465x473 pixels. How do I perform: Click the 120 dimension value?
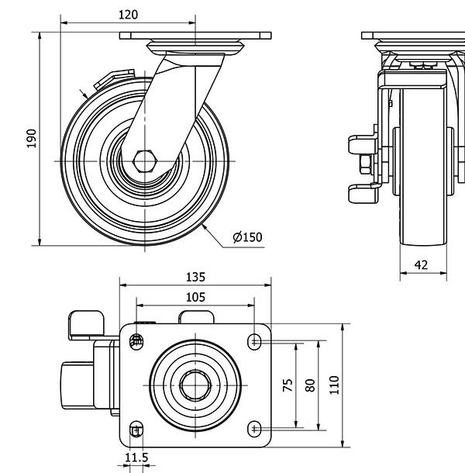[128, 15]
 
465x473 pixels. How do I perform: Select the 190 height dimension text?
[32, 138]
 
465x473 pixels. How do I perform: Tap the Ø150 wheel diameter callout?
[246, 237]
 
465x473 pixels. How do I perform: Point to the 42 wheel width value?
[421, 264]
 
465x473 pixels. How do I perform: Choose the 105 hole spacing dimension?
[195, 296]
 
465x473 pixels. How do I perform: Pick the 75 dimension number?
[288, 386]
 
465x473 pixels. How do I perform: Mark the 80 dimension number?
[310, 385]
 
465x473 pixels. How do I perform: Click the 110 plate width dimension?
[334, 385]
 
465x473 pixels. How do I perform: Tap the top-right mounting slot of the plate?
[255, 340]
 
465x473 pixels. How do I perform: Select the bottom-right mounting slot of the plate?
[255, 429]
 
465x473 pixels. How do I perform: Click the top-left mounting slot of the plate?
[137, 340]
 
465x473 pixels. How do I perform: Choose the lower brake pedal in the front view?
[359, 192]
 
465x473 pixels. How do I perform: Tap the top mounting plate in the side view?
[196, 36]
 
